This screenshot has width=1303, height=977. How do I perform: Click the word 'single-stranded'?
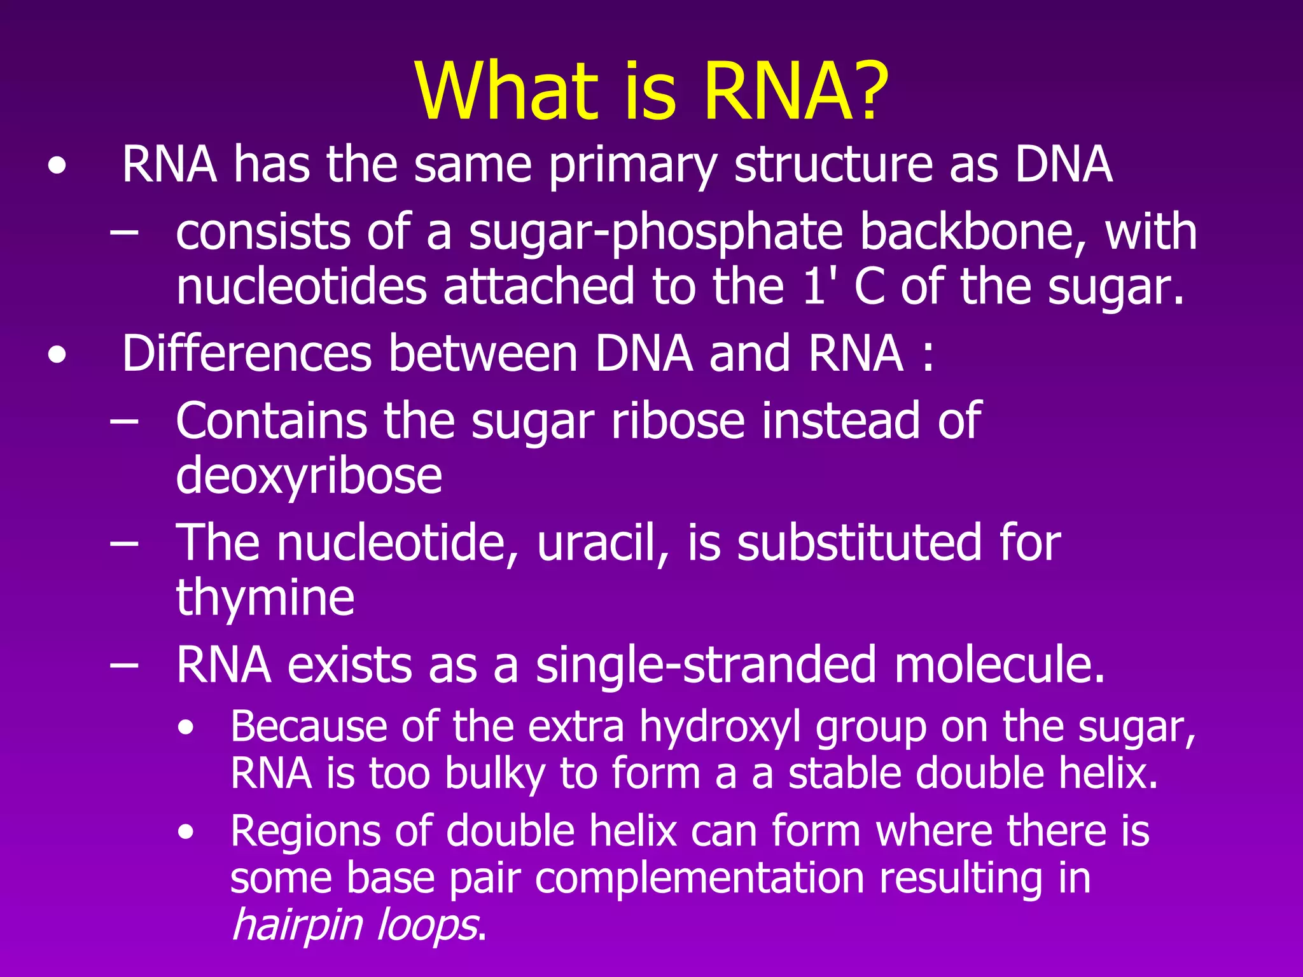706,665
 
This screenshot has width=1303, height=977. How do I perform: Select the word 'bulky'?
495,774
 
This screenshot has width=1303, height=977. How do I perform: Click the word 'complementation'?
699,878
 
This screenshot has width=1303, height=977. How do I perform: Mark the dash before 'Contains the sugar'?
123,422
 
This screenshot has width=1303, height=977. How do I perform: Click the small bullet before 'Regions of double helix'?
186,832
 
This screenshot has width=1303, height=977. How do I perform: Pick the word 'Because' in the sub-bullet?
308,726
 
